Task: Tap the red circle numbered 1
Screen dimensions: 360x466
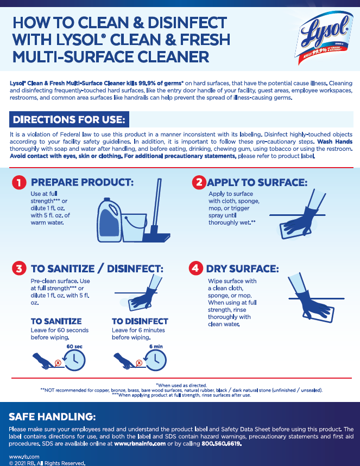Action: click(19, 182)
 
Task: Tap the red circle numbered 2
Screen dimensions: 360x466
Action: click(199, 182)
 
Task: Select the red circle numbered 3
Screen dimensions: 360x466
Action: click(19, 269)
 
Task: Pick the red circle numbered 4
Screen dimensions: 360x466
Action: click(196, 268)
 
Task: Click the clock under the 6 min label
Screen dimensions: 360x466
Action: click(155, 360)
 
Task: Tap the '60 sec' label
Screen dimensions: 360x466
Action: click(74, 347)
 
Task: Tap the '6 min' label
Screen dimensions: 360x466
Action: click(156, 347)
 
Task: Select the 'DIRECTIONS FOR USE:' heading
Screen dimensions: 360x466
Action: click(69, 119)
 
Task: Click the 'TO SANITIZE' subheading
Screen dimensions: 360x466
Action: click(56, 321)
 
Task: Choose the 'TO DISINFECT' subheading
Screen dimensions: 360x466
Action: click(140, 321)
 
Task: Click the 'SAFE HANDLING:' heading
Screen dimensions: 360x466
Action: click(52, 417)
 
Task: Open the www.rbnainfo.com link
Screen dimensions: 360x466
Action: click(140, 444)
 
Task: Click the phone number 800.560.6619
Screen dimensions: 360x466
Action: click(222, 444)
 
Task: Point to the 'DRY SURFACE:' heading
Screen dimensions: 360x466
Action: click(243, 269)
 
